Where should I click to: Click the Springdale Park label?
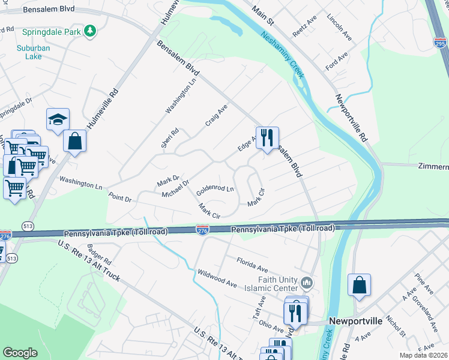coord(51,31)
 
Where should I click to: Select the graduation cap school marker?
coord(58,120)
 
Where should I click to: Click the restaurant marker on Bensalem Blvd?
coord(267,138)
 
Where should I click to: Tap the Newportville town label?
coord(355,321)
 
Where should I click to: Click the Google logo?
coord(20,353)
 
